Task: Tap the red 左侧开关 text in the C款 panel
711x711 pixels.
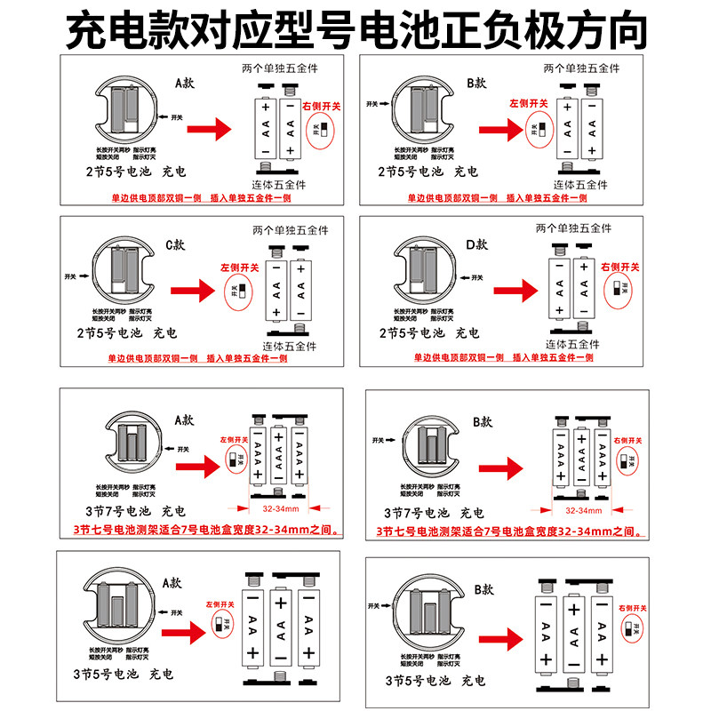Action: pyautogui.click(x=239, y=267)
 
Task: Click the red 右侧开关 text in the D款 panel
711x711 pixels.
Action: pyautogui.click(x=619, y=267)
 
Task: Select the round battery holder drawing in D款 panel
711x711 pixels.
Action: pyautogui.click(x=424, y=271)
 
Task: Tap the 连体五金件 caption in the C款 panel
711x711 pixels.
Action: pyautogui.click(x=292, y=346)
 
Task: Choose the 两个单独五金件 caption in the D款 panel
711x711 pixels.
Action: pyautogui.click(x=574, y=228)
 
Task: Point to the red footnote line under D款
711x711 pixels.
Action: pyautogui.click(x=503, y=357)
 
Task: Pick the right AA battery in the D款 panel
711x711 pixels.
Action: pyautogui.click(x=584, y=289)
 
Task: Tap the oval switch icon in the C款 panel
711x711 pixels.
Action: pyautogui.click(x=238, y=290)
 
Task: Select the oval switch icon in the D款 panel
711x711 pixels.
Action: pyautogui.click(x=620, y=288)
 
